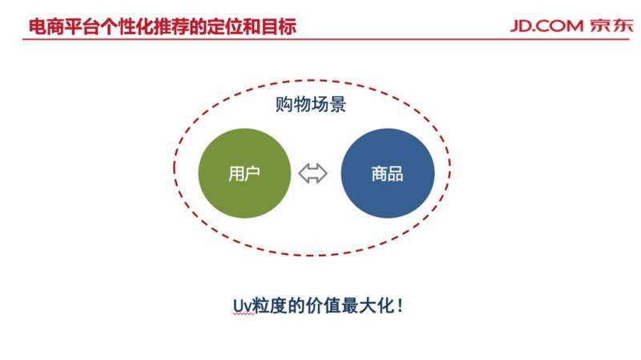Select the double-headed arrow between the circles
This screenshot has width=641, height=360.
coord(313,173)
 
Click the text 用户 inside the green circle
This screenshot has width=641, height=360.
coord(244,174)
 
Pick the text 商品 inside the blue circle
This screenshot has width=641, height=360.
coord(387,174)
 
